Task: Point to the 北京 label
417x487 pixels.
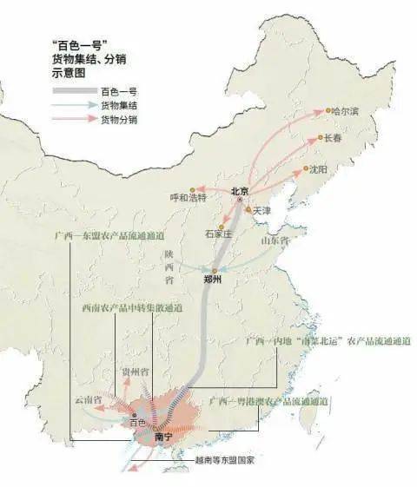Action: click(x=240, y=190)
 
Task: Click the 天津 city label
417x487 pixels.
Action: click(x=264, y=211)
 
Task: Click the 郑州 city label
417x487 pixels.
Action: click(x=213, y=280)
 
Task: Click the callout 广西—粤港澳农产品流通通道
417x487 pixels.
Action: click(x=268, y=403)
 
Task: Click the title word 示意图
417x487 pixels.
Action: click(x=69, y=74)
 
